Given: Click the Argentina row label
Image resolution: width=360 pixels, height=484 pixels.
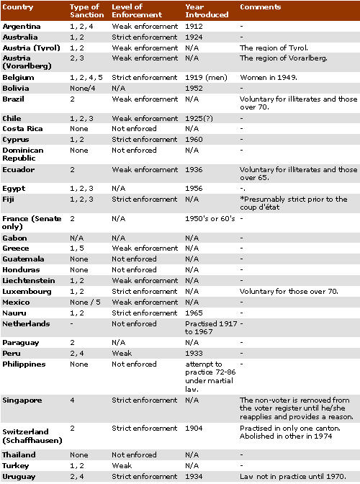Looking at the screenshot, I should [22, 26].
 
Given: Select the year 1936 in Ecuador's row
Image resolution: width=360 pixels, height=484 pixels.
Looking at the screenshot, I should [194, 170].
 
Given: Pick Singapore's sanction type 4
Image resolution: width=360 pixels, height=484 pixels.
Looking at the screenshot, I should [71, 400].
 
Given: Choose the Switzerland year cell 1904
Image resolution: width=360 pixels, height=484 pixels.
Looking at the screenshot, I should [194, 427].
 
